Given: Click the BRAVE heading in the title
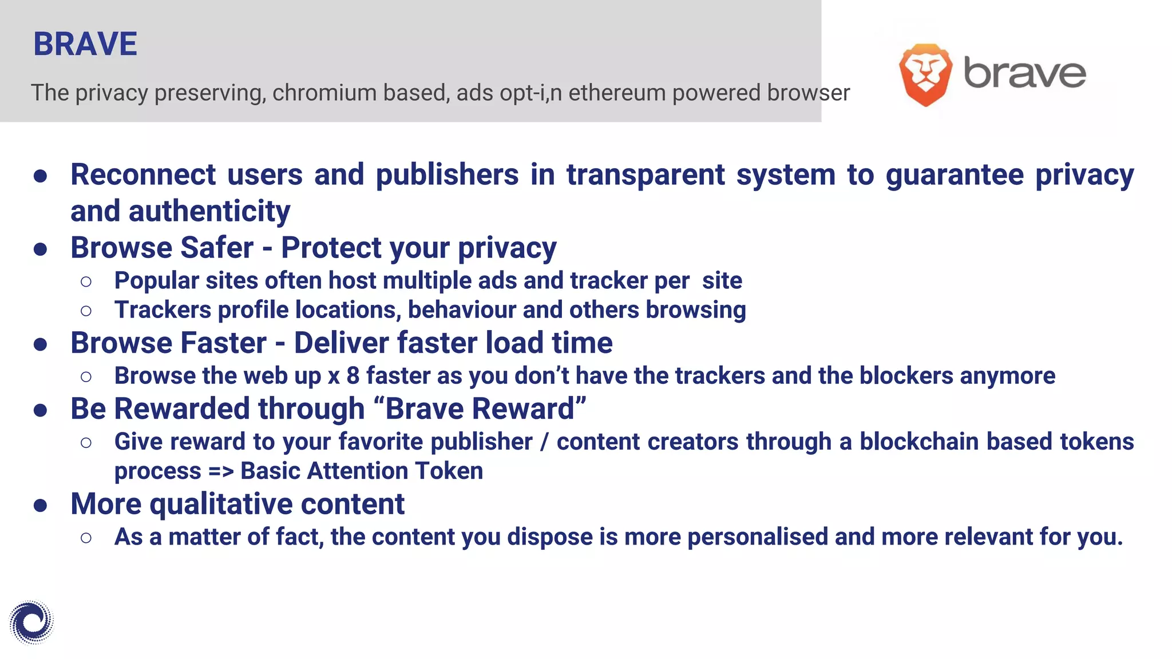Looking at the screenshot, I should (x=85, y=44).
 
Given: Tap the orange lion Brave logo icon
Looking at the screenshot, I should (x=925, y=74).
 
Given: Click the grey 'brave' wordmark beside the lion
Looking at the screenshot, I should (x=1024, y=73).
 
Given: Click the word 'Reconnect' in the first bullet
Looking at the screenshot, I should (x=143, y=174).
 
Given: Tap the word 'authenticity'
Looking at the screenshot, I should (x=209, y=211).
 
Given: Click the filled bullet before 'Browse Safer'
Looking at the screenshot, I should (x=40, y=249).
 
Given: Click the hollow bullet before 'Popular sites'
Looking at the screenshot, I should (x=86, y=281).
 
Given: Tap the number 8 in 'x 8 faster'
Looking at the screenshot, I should (x=353, y=376).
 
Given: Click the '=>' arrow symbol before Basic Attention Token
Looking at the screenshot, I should (x=221, y=471).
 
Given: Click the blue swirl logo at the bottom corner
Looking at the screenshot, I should (x=31, y=622).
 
